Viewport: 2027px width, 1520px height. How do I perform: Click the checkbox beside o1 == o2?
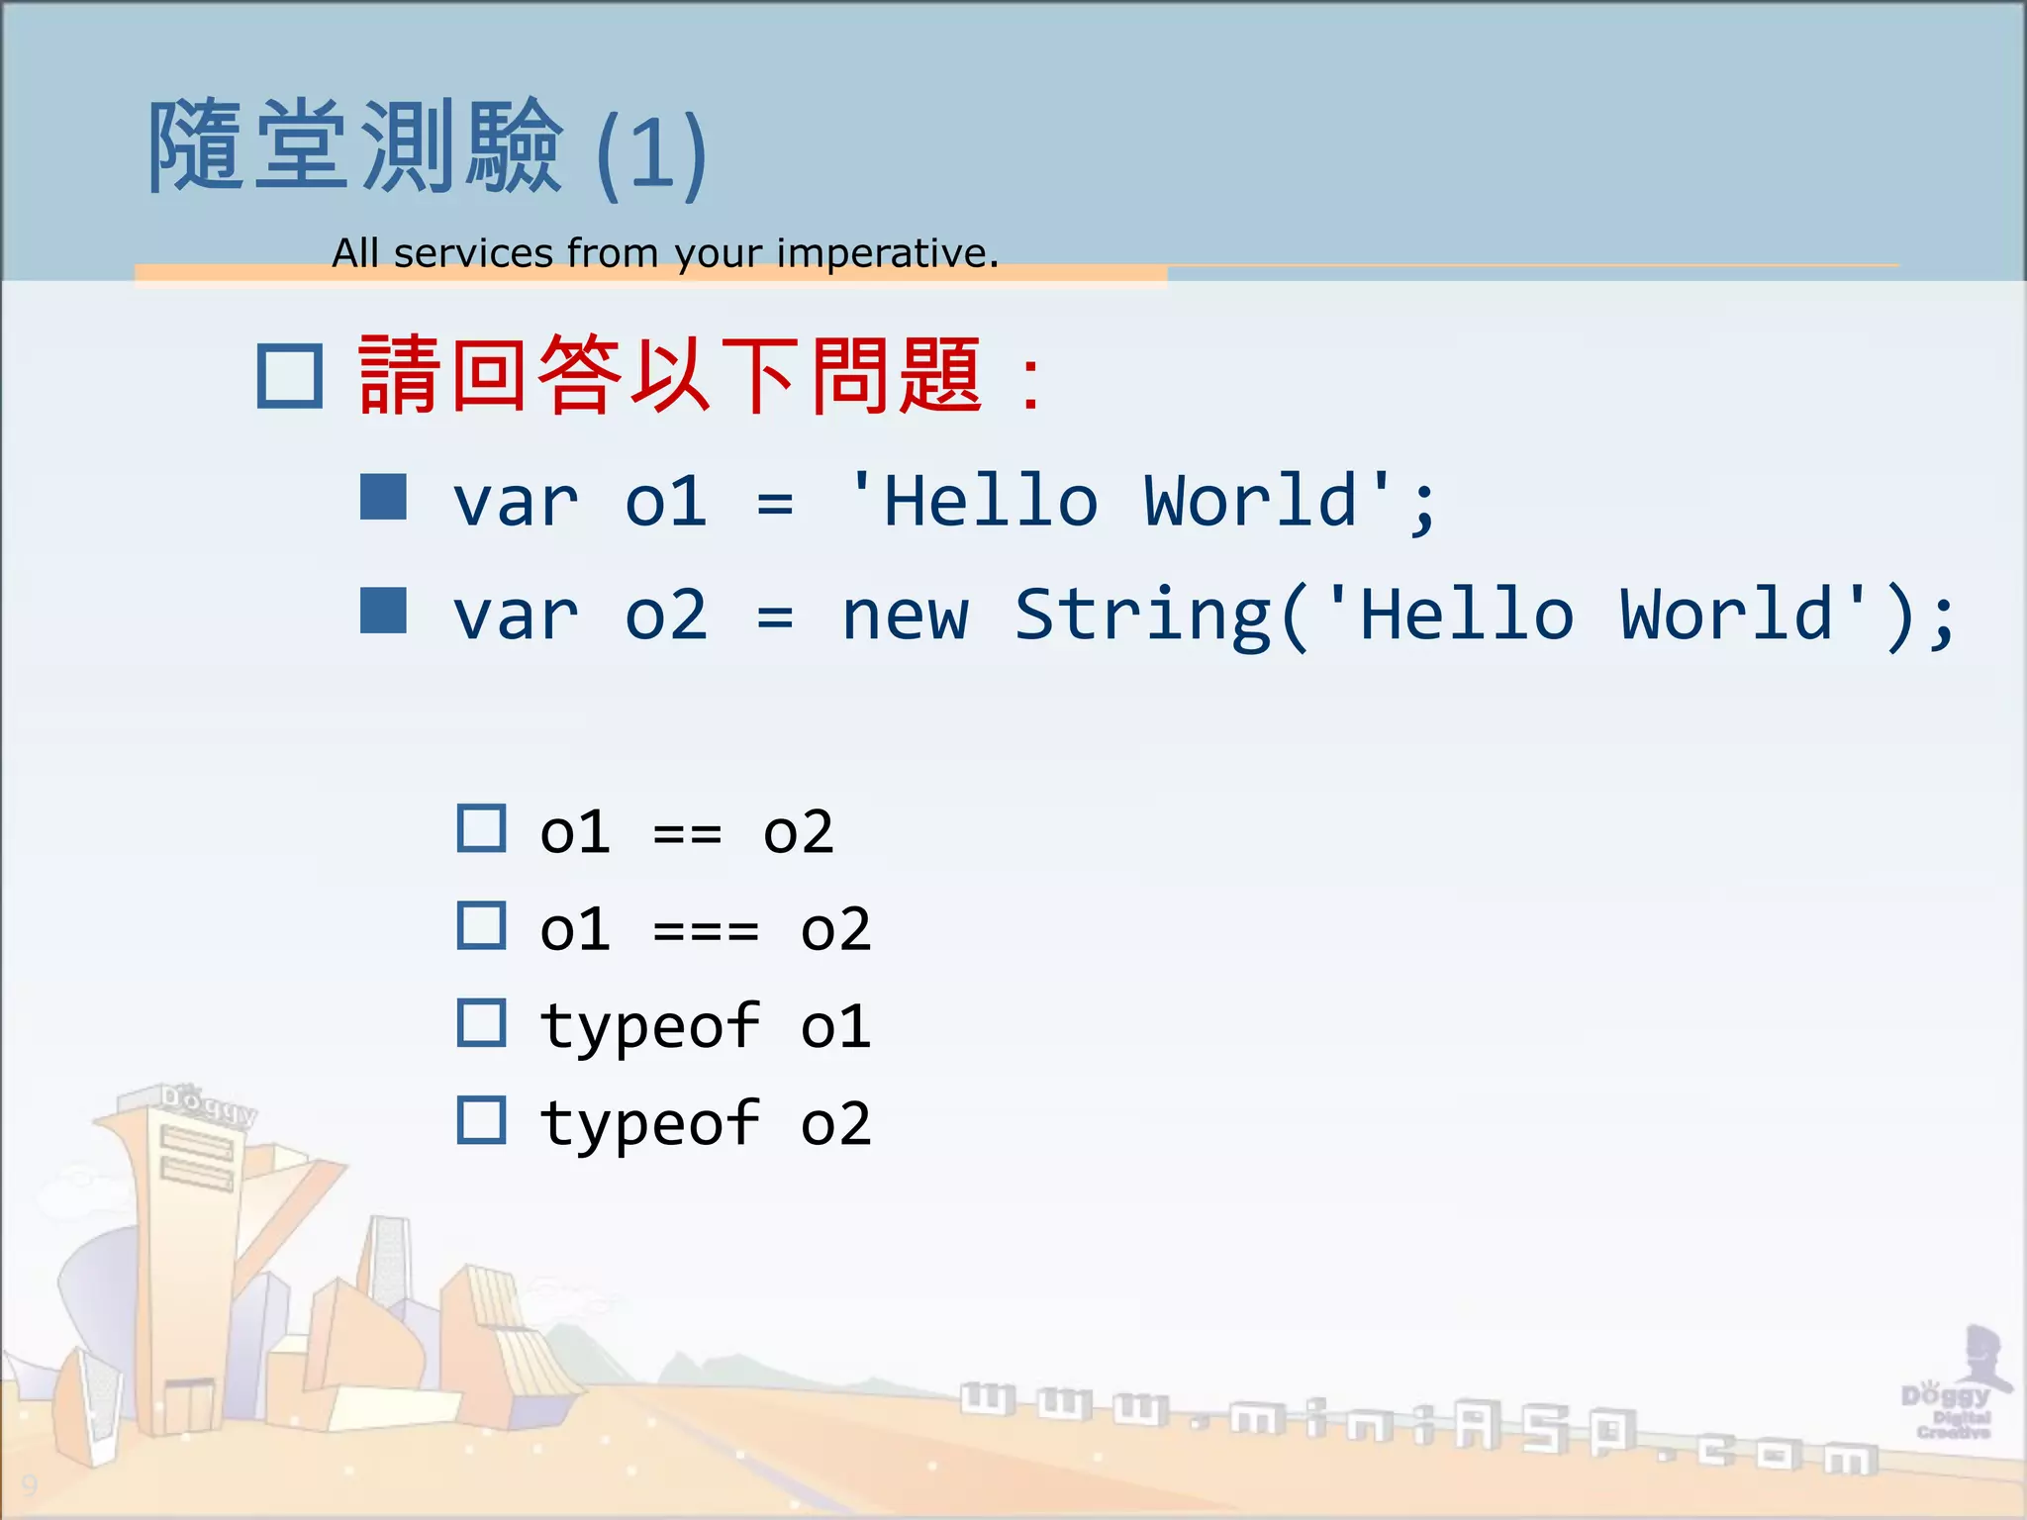pos(482,829)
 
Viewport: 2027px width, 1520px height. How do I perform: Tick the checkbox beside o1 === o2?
pos(482,926)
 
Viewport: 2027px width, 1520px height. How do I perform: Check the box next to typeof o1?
pos(482,1023)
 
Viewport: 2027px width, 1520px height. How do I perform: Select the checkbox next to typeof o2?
pos(482,1120)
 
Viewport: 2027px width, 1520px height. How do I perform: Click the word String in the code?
pos(1143,616)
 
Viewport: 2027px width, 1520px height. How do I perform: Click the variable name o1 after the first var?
pos(666,502)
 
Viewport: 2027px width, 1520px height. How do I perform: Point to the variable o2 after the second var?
pos(666,616)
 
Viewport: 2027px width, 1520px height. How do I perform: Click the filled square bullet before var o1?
pos(384,497)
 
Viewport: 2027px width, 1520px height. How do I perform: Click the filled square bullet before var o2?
pos(384,611)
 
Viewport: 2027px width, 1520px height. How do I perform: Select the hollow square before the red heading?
pos(290,377)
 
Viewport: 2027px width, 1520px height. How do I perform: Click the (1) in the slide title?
pos(651,153)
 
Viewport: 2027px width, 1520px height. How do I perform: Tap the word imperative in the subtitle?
pos(886,253)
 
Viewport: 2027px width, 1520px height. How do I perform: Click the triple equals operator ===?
pos(706,931)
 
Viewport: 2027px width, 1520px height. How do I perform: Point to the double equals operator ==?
pos(687,834)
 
